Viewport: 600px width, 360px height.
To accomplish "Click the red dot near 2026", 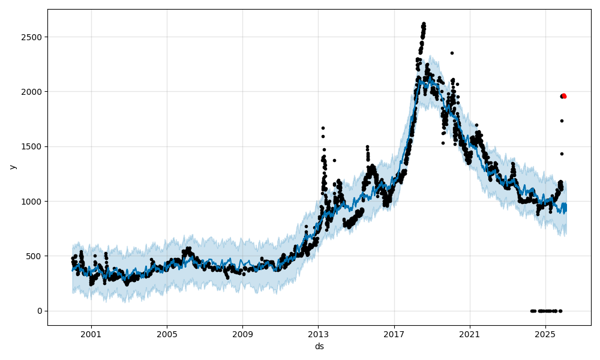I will (564, 96).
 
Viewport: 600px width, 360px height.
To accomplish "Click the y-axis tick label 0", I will (41, 311).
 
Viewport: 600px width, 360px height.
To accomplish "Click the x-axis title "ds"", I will (319, 347).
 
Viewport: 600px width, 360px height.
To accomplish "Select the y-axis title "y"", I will (12, 167).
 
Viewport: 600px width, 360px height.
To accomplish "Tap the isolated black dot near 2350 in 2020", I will (452, 53).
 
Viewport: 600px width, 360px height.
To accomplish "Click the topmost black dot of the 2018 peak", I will (424, 24).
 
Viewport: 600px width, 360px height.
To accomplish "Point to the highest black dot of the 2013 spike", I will (323, 128).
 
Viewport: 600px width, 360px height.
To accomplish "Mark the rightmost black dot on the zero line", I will (560, 311).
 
